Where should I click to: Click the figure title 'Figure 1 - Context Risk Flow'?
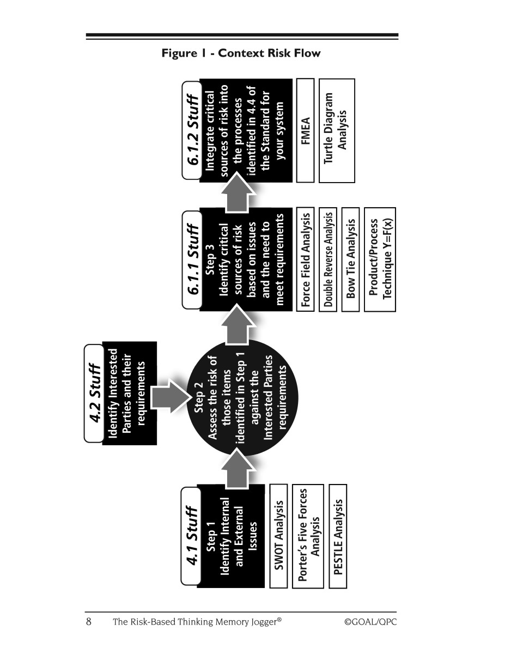(x=241, y=53)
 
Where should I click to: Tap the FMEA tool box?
(x=305, y=131)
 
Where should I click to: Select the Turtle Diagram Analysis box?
(x=337, y=131)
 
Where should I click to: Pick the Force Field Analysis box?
(x=305, y=259)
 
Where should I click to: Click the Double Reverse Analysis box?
(x=328, y=259)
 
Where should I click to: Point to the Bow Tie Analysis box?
(x=350, y=259)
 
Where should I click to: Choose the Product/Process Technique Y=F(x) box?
(x=380, y=259)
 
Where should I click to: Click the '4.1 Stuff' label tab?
(x=191, y=536)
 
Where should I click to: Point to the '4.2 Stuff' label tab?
(x=94, y=393)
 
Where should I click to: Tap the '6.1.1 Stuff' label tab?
(x=192, y=260)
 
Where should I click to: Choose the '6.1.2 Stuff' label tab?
(x=192, y=130)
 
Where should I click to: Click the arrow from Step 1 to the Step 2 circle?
(x=238, y=469)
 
